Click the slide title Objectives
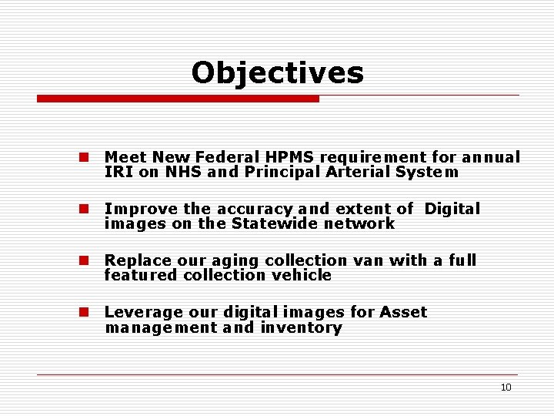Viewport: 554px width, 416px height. [277, 72]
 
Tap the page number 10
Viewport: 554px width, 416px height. [506, 387]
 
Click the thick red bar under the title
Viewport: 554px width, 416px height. [178, 99]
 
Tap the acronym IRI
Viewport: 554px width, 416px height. [119, 173]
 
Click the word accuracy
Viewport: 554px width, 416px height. [255, 209]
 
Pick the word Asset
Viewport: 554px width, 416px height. [403, 312]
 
